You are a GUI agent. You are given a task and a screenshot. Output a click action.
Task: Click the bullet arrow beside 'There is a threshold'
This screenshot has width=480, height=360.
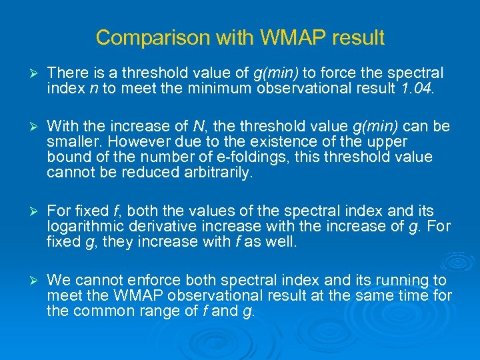point(29,73)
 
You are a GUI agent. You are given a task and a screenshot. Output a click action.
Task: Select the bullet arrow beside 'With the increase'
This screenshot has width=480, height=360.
point(29,126)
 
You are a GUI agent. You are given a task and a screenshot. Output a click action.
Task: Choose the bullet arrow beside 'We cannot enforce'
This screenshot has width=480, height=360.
point(29,279)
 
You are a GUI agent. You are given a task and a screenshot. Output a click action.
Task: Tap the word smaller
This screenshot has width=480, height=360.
point(71,142)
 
